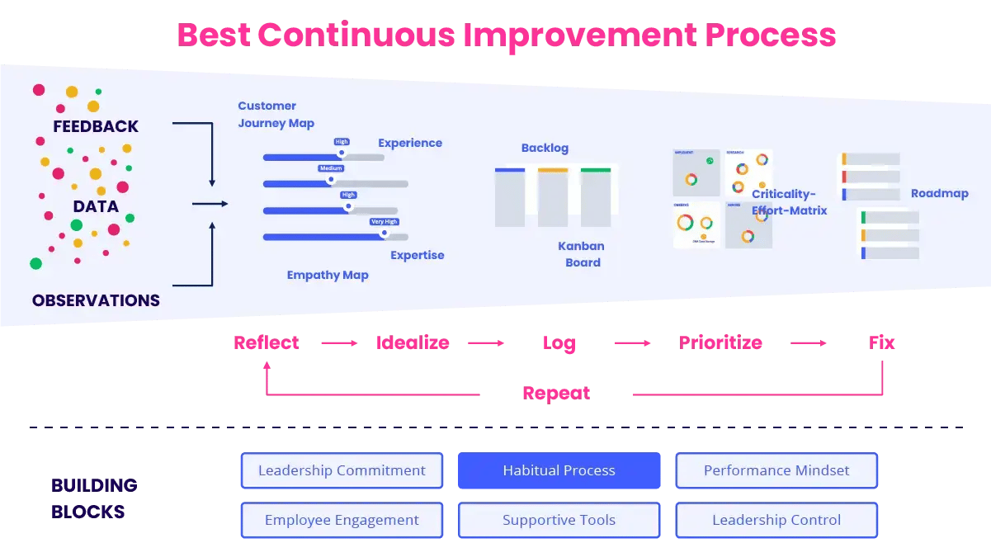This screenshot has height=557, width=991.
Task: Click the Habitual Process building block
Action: [x=559, y=471]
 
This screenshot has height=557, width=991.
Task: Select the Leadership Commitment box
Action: [x=342, y=471]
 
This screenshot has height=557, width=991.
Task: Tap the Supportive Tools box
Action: [x=559, y=521]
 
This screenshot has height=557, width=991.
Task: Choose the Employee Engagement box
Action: [x=342, y=521]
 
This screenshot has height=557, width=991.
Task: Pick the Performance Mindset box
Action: [x=776, y=471]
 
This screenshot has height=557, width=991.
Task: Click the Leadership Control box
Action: [x=776, y=521]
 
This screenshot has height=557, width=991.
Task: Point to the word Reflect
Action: [x=267, y=342]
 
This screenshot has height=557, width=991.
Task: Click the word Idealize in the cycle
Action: [x=413, y=342]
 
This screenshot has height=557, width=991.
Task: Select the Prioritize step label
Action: [x=720, y=342]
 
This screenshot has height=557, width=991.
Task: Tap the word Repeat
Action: [x=556, y=394]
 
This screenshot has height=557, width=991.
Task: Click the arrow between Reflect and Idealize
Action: [x=339, y=342]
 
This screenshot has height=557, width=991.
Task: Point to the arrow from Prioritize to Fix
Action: [x=809, y=342]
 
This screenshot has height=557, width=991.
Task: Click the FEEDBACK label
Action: [x=96, y=127]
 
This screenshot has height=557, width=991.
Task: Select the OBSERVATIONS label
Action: [x=96, y=300]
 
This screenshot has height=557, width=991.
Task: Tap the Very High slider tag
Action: [x=384, y=222]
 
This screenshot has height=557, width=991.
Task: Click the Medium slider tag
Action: [x=331, y=168]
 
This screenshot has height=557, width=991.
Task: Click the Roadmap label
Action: [x=939, y=194]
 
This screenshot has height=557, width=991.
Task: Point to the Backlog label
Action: [x=545, y=149]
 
